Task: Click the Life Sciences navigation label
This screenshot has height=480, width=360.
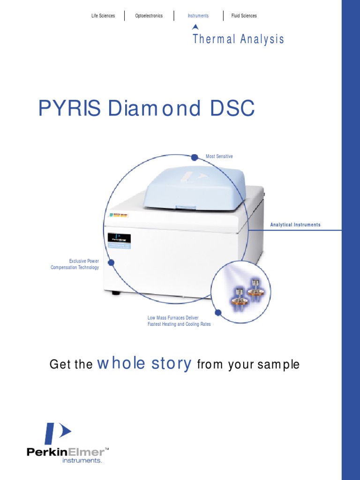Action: [103, 16]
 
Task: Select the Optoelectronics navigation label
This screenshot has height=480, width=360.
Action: [149, 16]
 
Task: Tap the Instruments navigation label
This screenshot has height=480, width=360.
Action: [198, 16]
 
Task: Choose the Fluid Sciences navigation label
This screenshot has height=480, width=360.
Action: [244, 16]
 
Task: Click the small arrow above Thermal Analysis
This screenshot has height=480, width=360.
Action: [195, 27]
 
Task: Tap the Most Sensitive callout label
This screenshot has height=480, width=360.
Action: [219, 156]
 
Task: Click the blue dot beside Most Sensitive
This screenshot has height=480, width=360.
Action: [195, 157]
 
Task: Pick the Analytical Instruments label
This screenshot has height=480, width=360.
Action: [295, 225]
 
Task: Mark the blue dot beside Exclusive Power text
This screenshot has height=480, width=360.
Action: [111, 262]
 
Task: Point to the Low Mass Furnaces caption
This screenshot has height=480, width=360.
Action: [179, 321]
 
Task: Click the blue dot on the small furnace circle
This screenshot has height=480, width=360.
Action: [217, 312]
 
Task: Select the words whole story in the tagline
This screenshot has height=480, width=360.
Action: [144, 364]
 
